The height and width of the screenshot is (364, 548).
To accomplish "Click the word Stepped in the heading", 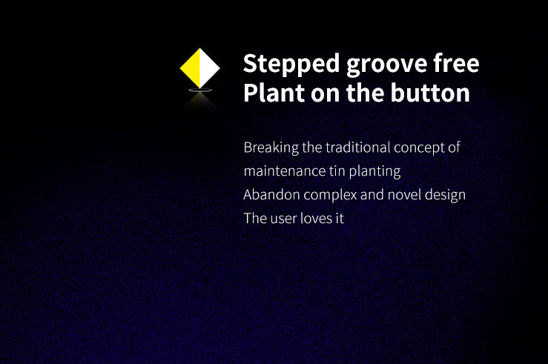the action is tap(291, 64).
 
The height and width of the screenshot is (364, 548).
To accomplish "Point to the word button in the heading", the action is tap(430, 93).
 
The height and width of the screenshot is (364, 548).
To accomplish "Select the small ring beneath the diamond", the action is tap(200, 91).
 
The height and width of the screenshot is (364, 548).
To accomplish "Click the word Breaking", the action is tap(271, 148).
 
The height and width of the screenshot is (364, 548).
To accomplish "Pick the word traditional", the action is tap(358, 148).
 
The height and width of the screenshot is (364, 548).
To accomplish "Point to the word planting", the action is tap(374, 171).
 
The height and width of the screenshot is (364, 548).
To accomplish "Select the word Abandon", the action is tap(271, 194).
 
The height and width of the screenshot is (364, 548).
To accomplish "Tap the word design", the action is tap(445, 195).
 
